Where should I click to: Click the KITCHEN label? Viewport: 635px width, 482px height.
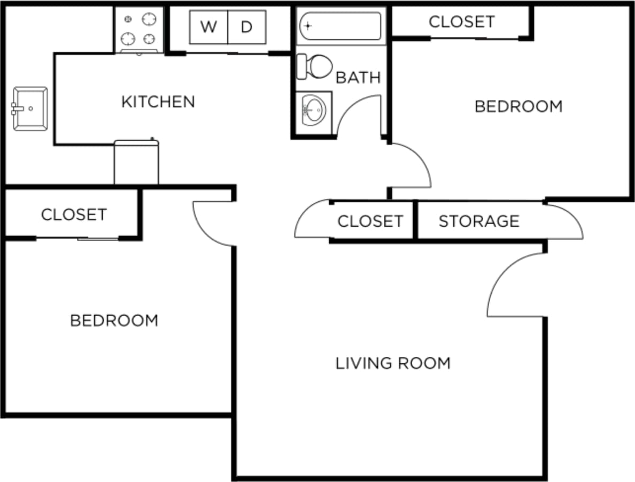158,101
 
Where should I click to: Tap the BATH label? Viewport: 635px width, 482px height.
358,78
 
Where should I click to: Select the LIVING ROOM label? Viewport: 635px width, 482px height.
393,363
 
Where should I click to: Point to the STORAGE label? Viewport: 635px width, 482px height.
479,221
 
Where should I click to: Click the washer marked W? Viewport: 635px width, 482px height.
208,27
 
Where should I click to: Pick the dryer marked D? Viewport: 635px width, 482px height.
246,27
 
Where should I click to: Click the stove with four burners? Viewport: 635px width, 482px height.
139,29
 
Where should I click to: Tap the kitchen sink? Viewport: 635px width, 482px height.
30,109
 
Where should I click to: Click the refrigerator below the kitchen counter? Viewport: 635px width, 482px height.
136,162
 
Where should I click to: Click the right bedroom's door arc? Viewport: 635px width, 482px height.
412,166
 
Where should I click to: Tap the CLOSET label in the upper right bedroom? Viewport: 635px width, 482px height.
461,21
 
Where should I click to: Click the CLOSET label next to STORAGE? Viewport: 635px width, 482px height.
370,221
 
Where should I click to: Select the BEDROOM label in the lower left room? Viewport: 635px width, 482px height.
114,320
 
